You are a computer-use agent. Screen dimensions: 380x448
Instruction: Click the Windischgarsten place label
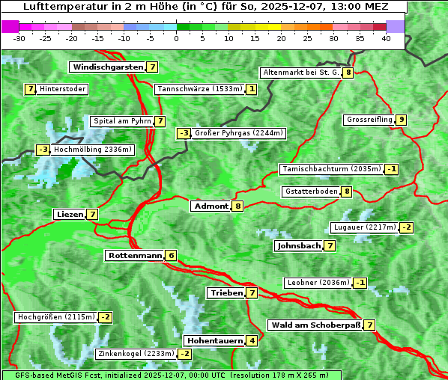pyautogui.click(x=107, y=67)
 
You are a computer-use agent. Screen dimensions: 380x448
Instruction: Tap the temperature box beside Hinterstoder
pyautogui.click(x=31, y=89)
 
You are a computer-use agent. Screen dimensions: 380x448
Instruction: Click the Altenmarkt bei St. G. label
pyautogui.click(x=300, y=73)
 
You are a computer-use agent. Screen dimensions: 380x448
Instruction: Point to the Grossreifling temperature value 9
pyautogui.click(x=402, y=120)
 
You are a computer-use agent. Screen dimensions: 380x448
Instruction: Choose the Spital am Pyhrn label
pyautogui.click(x=121, y=121)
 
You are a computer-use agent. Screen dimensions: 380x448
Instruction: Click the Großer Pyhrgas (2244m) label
pyautogui.click(x=238, y=133)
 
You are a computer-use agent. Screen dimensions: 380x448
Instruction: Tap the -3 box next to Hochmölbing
pyautogui.click(x=43, y=150)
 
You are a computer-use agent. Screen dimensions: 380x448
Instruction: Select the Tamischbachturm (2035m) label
pyautogui.click(x=330, y=169)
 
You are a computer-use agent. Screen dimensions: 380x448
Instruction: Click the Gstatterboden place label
pyautogui.click(x=311, y=191)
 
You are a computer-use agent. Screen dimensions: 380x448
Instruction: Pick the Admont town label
pyautogui.click(x=211, y=206)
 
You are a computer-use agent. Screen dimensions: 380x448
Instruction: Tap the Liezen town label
pyautogui.click(x=70, y=214)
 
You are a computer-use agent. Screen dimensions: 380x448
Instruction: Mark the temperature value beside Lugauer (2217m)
pyautogui.click(x=406, y=227)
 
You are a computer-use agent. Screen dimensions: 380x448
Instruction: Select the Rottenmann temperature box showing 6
pyautogui.click(x=171, y=256)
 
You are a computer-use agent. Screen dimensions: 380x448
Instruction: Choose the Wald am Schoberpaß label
pyautogui.click(x=314, y=325)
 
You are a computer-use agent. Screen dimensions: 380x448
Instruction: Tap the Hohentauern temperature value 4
pyautogui.click(x=252, y=341)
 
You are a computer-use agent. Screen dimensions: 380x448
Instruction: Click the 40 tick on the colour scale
pyautogui.click(x=386, y=38)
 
